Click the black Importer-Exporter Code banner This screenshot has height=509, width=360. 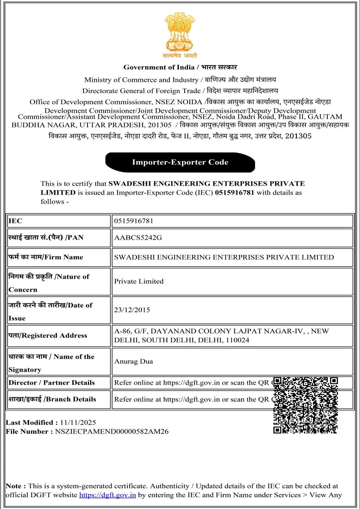tap(180, 162)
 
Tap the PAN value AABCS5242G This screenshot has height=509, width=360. tap(138, 238)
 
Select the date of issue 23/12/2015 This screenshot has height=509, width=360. tap(132, 310)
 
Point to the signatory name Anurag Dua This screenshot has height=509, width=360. tap(133, 361)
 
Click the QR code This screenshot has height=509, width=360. tap(305, 405)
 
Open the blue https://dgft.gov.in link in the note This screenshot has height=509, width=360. tap(107, 495)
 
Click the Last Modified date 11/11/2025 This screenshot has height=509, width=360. tap(78, 423)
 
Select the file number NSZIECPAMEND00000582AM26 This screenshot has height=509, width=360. tap(112, 431)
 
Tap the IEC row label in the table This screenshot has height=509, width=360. tap(15, 221)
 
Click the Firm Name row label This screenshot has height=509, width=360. tap(46, 257)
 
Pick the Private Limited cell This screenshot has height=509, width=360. tap(139, 281)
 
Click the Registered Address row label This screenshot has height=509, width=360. tap(48, 335)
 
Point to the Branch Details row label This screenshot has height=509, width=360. tap(52, 399)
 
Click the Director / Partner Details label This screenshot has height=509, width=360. tap(51, 382)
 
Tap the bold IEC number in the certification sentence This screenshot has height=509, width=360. tap(234, 192)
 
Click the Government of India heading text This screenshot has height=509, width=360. tap(159, 67)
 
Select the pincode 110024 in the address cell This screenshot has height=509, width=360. tap(237, 340)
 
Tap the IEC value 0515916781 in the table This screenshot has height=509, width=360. tap(133, 221)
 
